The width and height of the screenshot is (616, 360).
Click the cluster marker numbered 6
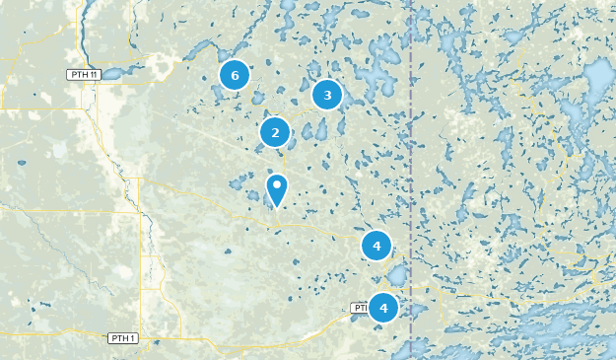click(x=234, y=74)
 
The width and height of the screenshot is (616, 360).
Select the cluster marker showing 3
click(x=326, y=95)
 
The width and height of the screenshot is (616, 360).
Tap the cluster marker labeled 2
click(x=275, y=132)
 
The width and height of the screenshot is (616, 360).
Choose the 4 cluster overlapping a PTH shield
click(x=382, y=308)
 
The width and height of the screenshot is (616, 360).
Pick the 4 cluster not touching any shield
click(x=376, y=245)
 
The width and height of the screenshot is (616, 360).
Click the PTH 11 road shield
click(x=84, y=74)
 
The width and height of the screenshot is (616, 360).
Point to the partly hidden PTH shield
click(x=359, y=308)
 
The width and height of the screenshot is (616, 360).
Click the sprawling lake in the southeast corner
click(x=552, y=330)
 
